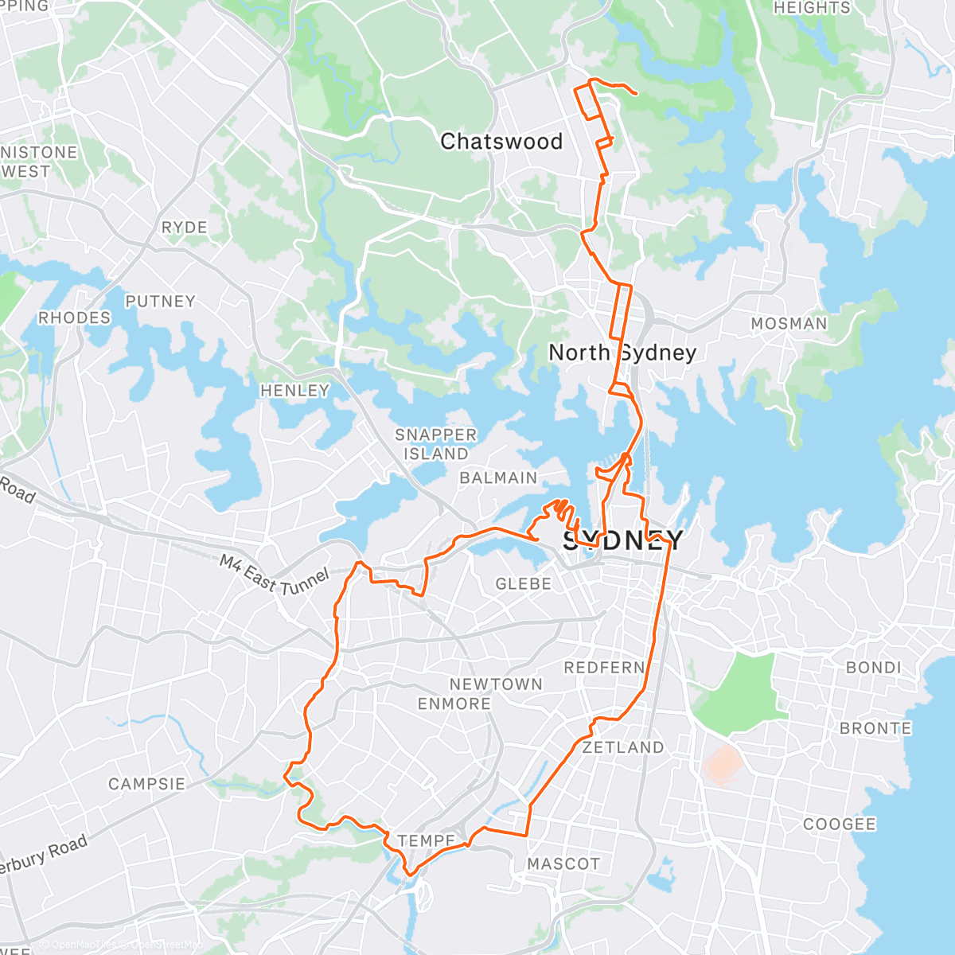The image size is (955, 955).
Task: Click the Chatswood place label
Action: (501, 142)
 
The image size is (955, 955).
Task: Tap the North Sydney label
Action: (622, 352)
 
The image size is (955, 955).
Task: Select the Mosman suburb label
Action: (789, 324)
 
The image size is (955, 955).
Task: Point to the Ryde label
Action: (184, 228)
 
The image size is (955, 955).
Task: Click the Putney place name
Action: (160, 302)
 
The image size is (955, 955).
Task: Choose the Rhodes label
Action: (75, 318)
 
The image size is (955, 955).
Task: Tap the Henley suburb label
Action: (294, 391)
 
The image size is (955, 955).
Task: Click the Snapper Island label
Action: (436, 444)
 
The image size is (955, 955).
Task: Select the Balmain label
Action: (498, 478)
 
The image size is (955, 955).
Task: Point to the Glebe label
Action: (523, 584)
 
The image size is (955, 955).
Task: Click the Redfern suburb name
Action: (604, 668)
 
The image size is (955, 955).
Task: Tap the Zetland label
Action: (622, 747)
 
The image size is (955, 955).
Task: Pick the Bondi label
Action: (874, 668)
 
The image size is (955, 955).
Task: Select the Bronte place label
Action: (875, 728)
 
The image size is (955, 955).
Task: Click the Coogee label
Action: (839, 824)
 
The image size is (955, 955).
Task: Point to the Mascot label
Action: (563, 863)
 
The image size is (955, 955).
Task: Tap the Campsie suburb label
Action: (146, 784)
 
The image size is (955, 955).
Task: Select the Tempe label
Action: (427, 841)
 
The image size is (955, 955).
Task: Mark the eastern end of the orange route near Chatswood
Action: (637, 94)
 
